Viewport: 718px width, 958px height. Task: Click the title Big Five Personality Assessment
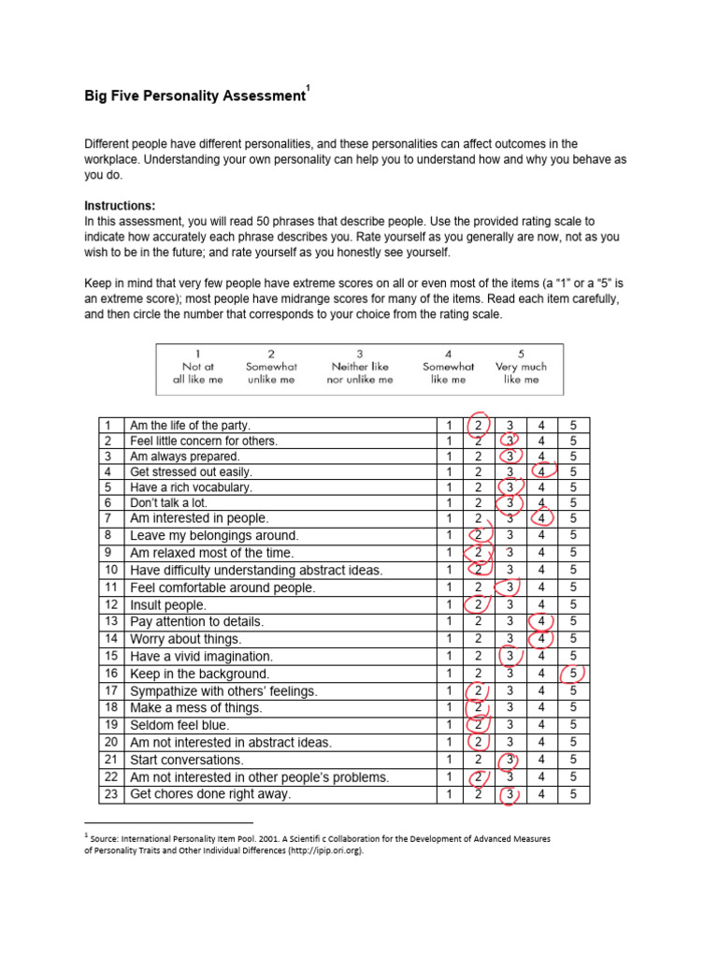194,96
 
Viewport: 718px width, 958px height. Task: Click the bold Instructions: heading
120,206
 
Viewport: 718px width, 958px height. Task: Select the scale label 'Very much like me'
521,367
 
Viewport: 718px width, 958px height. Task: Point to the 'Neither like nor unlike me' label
360,367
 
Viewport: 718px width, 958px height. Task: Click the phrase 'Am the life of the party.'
191,425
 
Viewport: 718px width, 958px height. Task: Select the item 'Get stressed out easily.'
191,472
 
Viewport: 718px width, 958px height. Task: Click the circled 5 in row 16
573,674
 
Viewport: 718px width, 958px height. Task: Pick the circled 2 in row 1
479,425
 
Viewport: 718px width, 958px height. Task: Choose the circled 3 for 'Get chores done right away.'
510,795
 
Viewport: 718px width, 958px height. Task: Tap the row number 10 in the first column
110,570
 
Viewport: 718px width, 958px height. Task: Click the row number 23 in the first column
110,795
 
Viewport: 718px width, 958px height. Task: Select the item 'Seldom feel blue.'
179,725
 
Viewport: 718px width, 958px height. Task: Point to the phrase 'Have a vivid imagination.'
202,657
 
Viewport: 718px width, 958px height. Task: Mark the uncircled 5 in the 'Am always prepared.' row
573,457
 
